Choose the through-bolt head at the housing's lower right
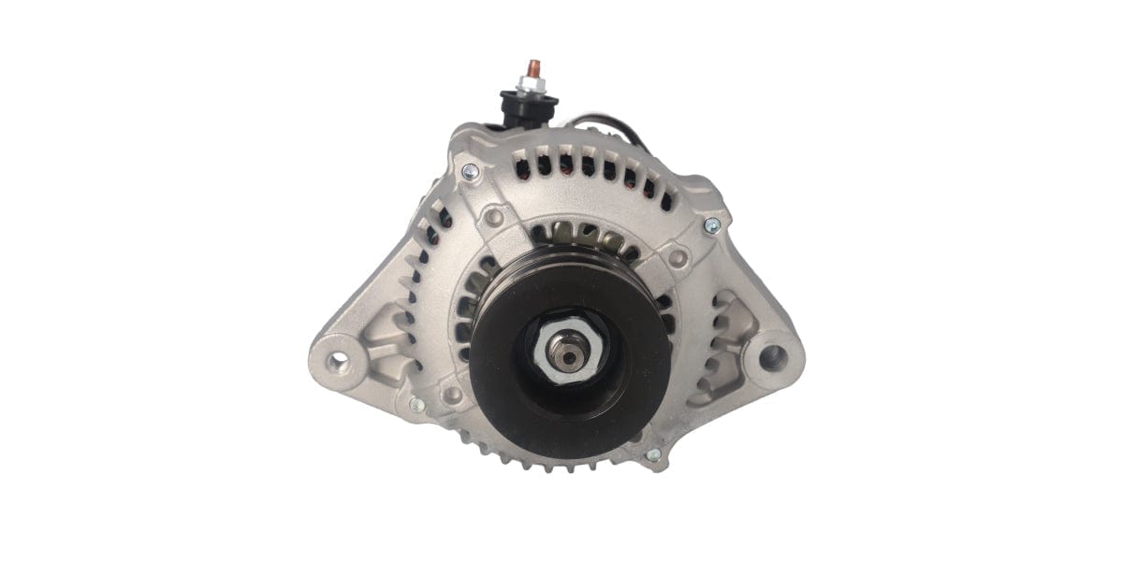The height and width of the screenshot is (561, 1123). tap(653, 454)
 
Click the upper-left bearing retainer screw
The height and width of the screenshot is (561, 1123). tap(494, 217)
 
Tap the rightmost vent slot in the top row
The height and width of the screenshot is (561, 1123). tap(665, 194)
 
